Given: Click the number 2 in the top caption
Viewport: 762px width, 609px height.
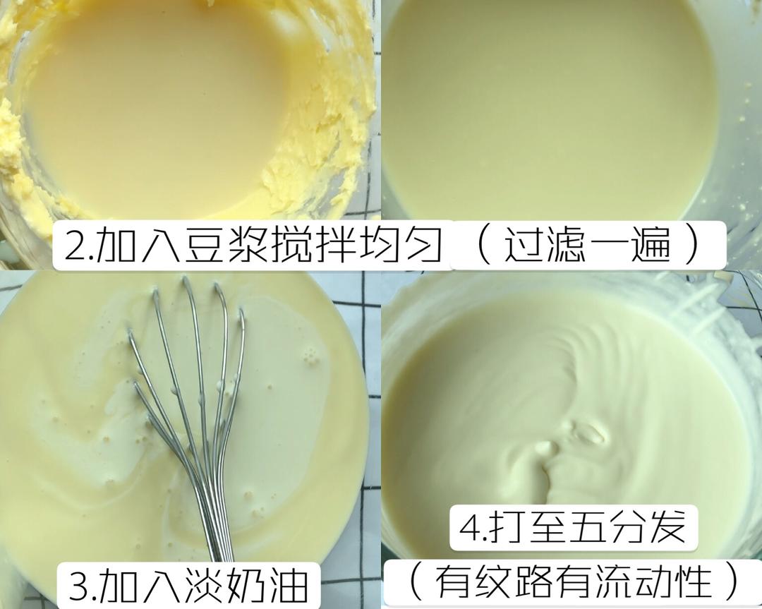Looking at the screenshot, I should (x=73, y=246).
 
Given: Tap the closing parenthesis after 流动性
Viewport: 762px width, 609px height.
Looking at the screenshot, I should (x=734, y=584).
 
